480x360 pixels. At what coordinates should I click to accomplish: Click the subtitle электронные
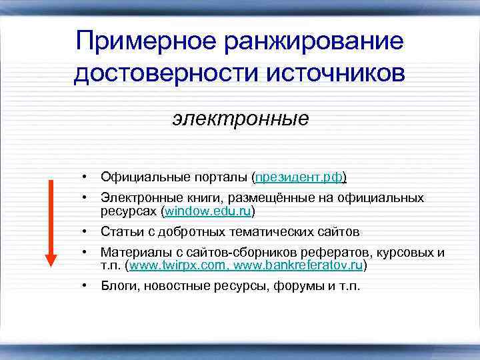coord(241,119)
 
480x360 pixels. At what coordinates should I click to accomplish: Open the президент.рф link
coord(299,177)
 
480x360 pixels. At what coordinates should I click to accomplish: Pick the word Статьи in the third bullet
coord(119,232)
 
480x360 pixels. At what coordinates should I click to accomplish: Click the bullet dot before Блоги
coord(85,287)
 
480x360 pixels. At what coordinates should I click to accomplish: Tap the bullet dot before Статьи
coord(85,232)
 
